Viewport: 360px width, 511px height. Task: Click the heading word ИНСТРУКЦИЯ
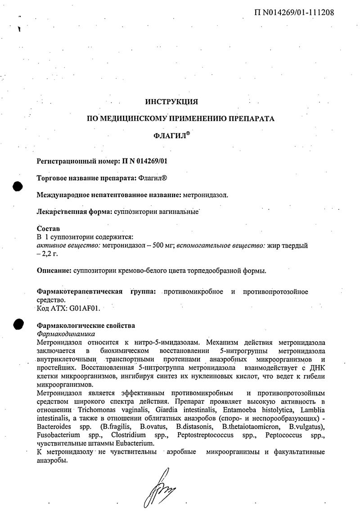pyautogui.click(x=171, y=102)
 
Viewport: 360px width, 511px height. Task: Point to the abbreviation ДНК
pyautogui.click(x=317, y=367)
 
